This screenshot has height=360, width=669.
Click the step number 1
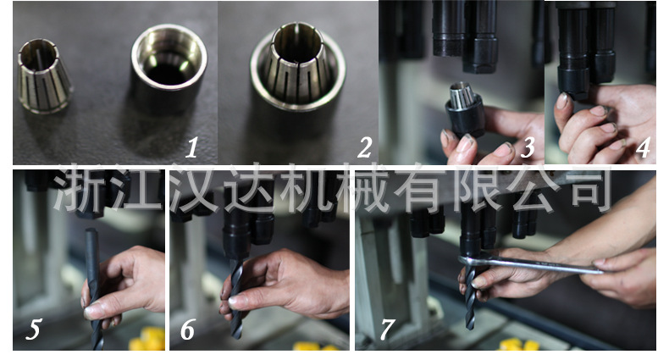192,148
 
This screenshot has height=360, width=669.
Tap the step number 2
365,148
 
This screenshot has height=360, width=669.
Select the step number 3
528,148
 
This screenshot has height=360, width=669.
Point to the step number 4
643,148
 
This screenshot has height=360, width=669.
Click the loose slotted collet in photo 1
44,76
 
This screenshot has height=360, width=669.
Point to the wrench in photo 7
534,264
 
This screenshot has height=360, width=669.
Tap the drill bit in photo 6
237,296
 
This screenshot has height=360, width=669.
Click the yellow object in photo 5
147,341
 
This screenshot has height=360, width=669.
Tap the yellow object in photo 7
517,345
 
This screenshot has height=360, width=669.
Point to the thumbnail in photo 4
562,101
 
